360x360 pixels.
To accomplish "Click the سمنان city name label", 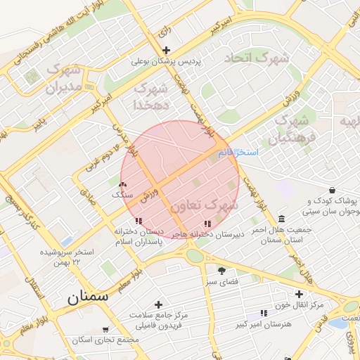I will [89, 297].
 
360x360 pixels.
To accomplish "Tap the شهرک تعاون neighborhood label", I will [204, 205].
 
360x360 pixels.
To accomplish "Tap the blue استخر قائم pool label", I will [238, 152].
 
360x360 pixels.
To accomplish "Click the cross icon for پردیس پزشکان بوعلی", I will [166, 50].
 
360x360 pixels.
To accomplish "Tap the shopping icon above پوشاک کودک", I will [332, 190].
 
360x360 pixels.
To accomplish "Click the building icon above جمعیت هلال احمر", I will [281, 218].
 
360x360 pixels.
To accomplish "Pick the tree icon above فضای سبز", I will [222, 271].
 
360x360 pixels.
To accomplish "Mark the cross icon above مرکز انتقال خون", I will [299, 294].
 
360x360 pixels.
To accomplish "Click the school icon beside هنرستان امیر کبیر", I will [263, 312].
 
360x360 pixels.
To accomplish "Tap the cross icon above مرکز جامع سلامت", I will [157, 304].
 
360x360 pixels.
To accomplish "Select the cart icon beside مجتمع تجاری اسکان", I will [105, 329].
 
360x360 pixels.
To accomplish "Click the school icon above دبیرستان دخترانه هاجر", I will [207, 224].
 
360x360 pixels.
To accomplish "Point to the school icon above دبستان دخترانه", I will [127, 222].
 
